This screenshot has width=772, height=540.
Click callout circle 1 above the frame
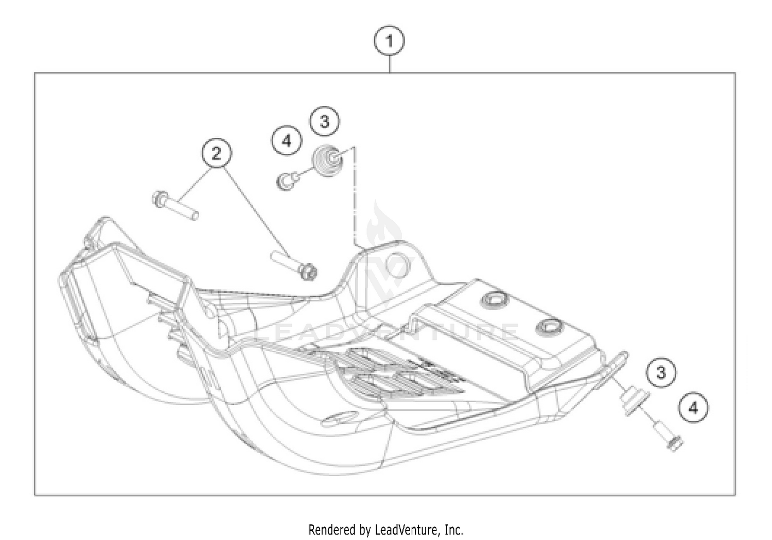click(x=389, y=41)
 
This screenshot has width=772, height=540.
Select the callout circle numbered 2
click(x=216, y=153)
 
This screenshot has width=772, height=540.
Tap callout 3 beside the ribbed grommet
click(x=324, y=121)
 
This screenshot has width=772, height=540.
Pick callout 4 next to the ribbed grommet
click(x=287, y=140)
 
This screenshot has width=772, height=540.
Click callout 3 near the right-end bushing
click(x=661, y=372)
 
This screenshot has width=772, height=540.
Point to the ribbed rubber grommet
click(x=328, y=160)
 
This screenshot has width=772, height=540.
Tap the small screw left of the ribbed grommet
click(x=287, y=180)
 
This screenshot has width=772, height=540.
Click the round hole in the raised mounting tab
click(x=399, y=265)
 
